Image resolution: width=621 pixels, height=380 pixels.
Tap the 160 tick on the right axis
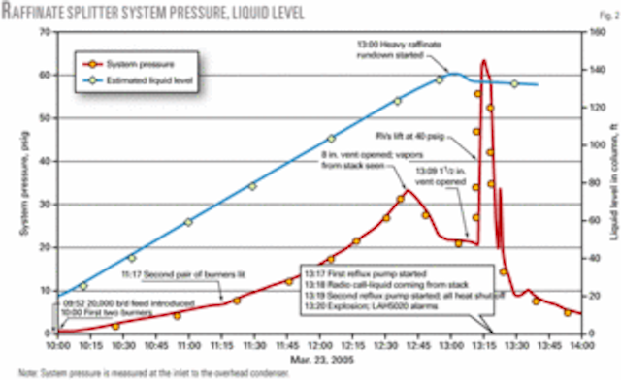click(x=593, y=32)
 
